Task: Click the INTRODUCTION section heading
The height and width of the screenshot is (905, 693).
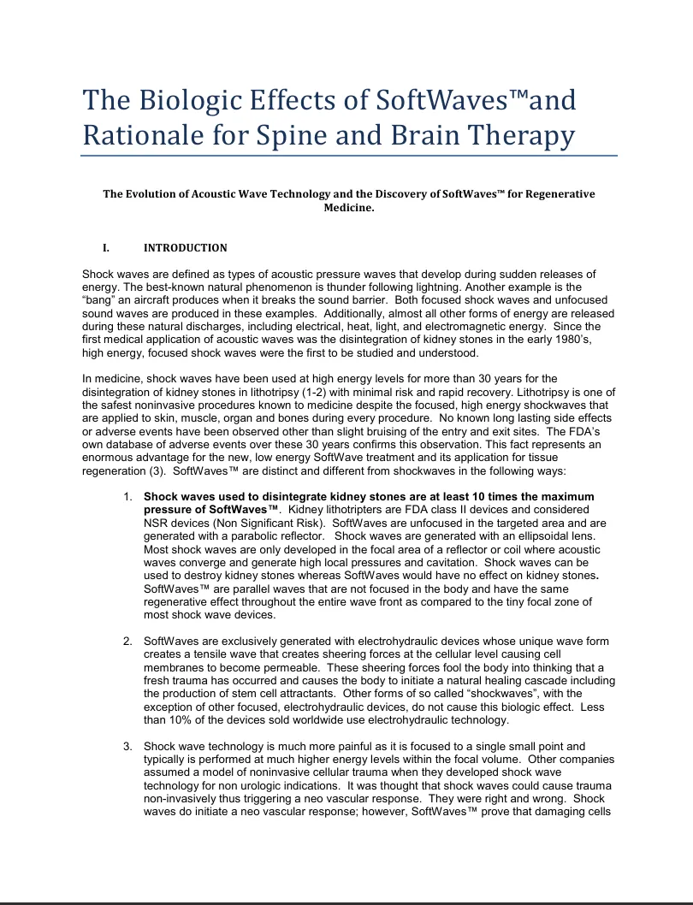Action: (x=186, y=248)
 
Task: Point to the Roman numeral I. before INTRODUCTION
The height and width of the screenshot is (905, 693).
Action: (x=106, y=248)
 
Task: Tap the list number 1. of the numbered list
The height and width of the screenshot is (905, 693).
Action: (x=127, y=497)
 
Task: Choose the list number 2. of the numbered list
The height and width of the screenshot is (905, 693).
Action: (x=127, y=642)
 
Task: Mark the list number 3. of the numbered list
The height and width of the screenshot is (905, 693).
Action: (x=127, y=747)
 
